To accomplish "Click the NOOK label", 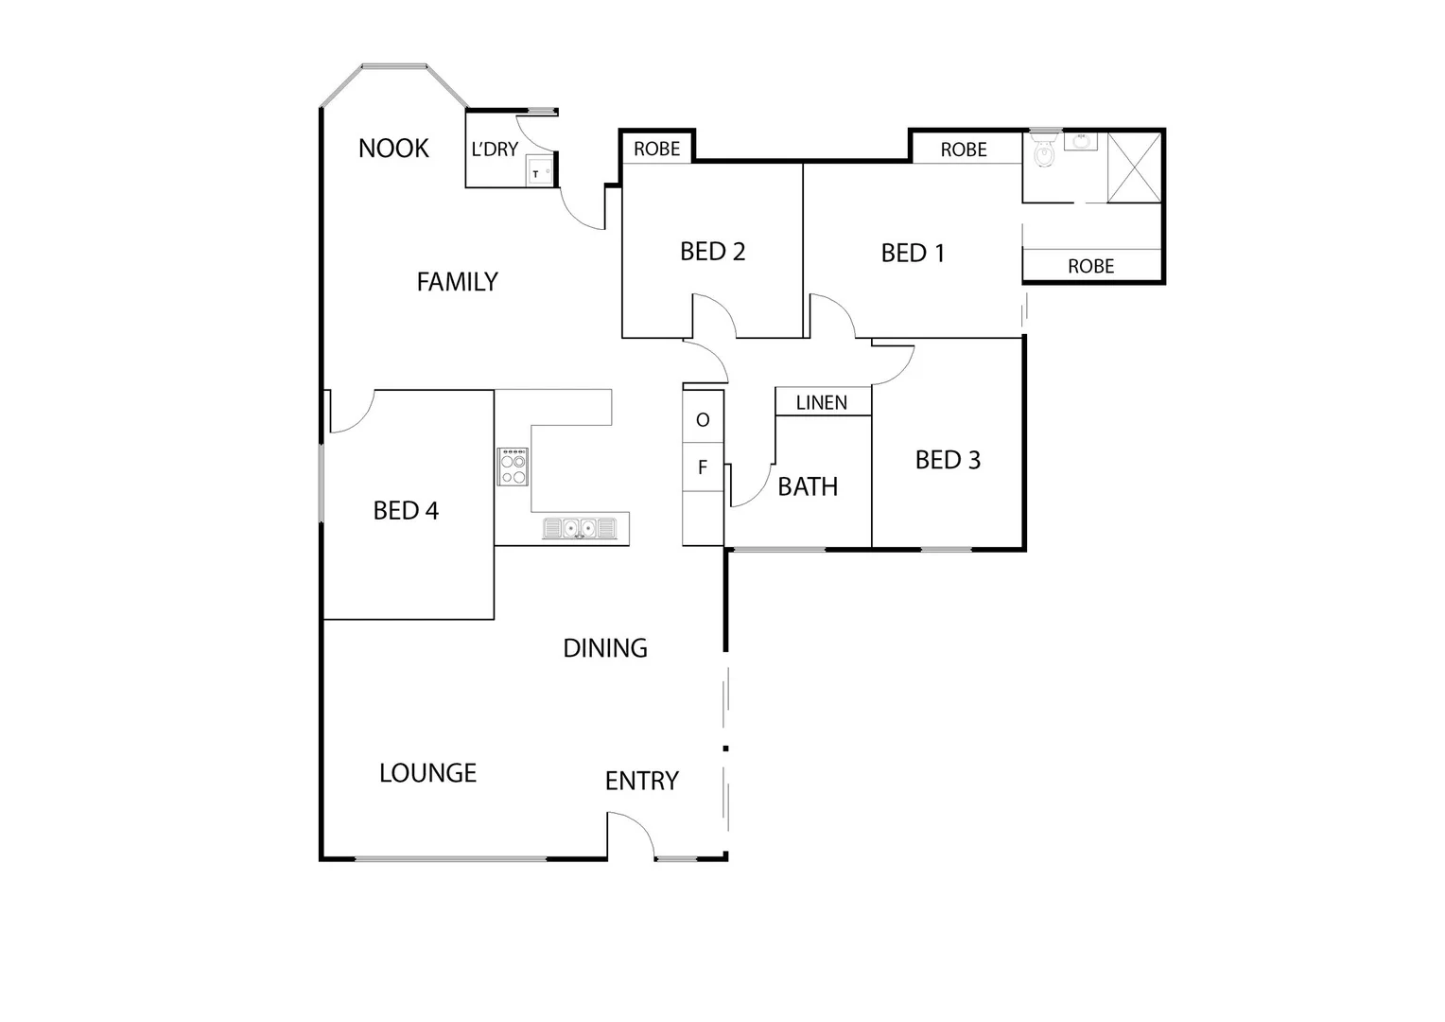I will click(x=393, y=149).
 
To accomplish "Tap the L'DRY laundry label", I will click(x=495, y=150).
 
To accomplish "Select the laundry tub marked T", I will click(x=539, y=172).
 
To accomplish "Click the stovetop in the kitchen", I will click(x=514, y=467).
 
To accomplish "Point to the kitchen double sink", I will click(x=579, y=528).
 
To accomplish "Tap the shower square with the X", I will click(x=1134, y=167).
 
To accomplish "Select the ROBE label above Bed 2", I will click(x=656, y=149).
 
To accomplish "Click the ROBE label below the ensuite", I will click(x=1090, y=267).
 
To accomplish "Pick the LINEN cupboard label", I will click(x=821, y=403).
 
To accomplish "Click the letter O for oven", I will click(x=703, y=420).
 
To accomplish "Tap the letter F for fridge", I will click(x=703, y=467).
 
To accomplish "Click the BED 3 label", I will click(x=948, y=461).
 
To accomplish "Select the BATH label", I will click(x=808, y=487).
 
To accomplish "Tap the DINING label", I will click(x=605, y=648).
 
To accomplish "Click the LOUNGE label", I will click(x=427, y=773).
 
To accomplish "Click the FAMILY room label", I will click(x=457, y=282).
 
